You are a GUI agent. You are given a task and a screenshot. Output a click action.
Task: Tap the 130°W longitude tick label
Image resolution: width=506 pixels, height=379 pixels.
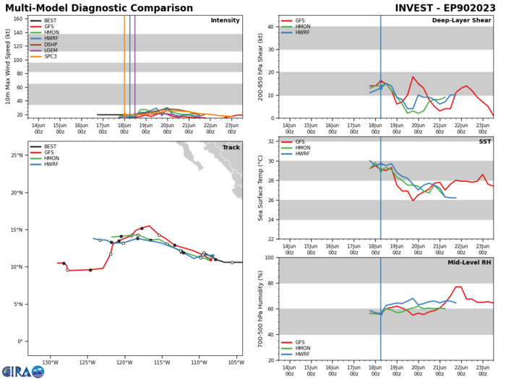50,362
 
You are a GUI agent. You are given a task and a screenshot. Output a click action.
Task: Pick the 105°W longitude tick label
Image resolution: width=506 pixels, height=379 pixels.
235,362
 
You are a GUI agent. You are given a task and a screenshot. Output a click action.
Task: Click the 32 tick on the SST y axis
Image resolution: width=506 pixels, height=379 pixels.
272,141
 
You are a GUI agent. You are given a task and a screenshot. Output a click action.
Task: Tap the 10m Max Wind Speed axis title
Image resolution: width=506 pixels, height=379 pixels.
8,66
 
